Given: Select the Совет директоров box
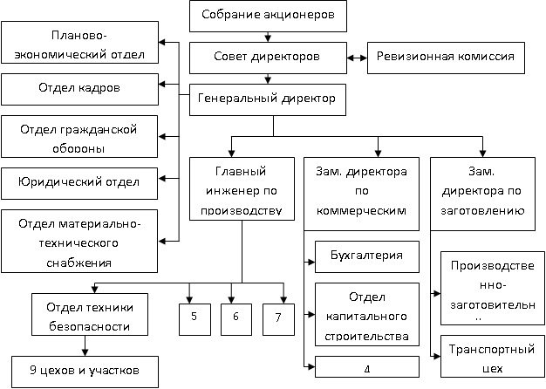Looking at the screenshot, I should [x=267, y=57].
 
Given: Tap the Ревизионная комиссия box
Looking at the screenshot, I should [x=445, y=57].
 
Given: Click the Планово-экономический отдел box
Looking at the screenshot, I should [x=79, y=44].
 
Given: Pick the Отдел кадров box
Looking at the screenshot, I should [x=79, y=88].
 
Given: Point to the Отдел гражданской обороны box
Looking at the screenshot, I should [x=79, y=138].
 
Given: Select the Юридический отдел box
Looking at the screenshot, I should [x=79, y=183].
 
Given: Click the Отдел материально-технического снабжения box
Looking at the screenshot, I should [x=79, y=241].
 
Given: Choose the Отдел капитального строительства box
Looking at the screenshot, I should [x=365, y=314].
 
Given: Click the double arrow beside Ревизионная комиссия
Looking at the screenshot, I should [x=355, y=57].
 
